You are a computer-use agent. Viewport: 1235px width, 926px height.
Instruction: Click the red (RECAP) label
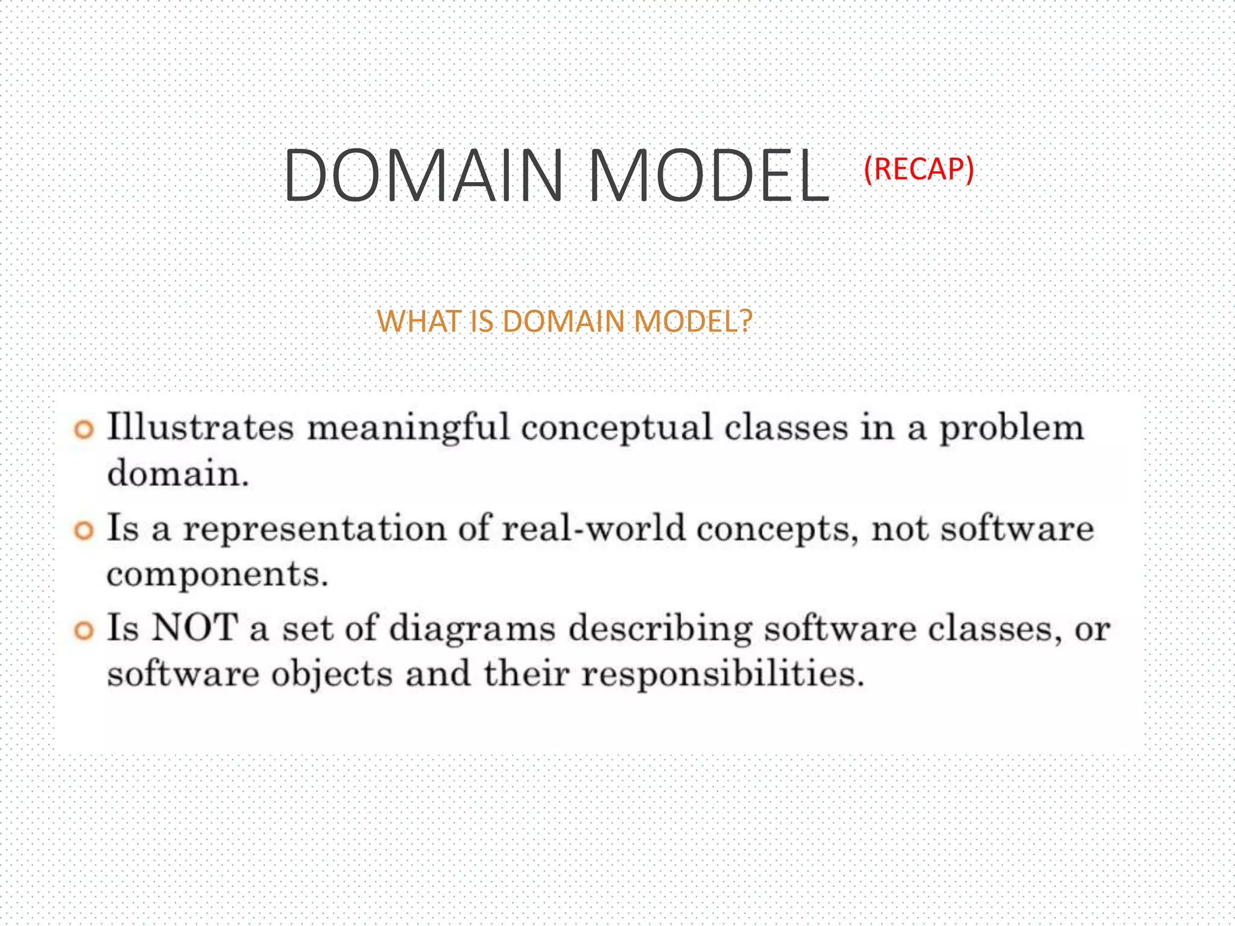918,169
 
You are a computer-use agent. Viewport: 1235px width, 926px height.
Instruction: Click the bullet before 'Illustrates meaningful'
84,430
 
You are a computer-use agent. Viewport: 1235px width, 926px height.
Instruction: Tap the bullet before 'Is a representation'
84,531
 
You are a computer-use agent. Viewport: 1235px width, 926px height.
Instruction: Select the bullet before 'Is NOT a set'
84,631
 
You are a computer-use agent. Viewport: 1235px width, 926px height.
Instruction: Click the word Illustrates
200,427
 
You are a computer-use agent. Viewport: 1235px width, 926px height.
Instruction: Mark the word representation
314,529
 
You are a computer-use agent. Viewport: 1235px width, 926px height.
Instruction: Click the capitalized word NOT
195,628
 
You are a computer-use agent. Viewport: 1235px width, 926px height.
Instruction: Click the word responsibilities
722,674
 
